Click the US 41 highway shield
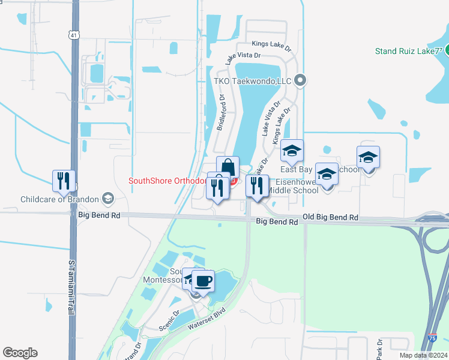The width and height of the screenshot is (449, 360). coord(73,35)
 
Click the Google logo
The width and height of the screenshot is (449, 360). coord(20,353)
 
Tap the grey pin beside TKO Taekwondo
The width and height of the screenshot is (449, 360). coord(301,80)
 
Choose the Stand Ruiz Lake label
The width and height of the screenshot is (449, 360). coord(408,51)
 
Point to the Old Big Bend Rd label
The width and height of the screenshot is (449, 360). coord(330,217)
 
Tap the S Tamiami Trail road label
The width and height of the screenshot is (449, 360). coord(71,288)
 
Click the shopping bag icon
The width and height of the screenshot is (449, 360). coord(228,167)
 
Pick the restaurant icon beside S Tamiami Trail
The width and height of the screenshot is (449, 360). coord(63,180)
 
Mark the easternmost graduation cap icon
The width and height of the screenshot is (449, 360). coord(368,157)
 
